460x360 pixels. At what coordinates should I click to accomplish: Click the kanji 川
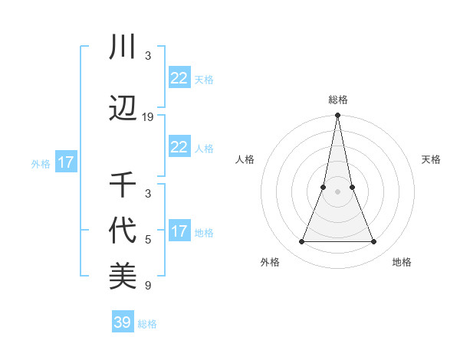[x=123, y=47]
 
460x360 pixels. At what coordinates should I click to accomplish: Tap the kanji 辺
[x=123, y=109]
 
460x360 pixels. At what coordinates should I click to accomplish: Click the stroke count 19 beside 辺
[x=148, y=117]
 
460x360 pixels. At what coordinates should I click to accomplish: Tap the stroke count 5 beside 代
[x=148, y=240]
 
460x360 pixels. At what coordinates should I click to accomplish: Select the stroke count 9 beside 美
[x=148, y=286]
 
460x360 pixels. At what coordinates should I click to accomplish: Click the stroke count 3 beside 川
[x=148, y=56]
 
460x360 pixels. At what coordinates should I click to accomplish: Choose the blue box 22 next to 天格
[x=179, y=78]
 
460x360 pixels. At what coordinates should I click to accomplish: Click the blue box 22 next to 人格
[x=179, y=147]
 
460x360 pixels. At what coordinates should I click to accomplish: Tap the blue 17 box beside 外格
[x=65, y=162]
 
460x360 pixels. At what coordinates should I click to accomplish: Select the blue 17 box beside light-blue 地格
[x=179, y=231]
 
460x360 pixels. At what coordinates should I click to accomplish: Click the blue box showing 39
[x=123, y=322]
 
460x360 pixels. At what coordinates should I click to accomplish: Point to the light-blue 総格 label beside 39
[x=148, y=324]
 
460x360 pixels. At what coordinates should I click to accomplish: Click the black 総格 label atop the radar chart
[x=338, y=100]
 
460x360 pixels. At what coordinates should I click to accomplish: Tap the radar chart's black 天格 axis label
[x=432, y=159]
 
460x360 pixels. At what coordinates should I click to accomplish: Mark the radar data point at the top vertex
[x=338, y=116]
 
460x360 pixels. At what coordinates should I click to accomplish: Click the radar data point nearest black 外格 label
[x=301, y=242]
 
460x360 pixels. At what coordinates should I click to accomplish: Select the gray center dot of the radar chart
[x=338, y=191]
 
